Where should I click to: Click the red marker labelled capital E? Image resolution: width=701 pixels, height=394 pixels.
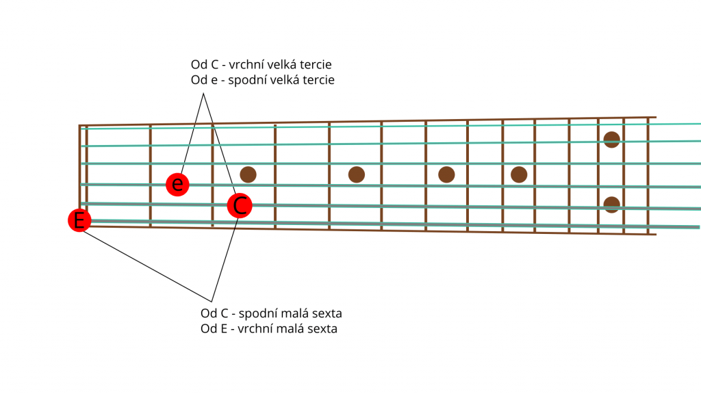coord(79,220)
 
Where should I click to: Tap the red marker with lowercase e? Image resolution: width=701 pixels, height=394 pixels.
coord(177,184)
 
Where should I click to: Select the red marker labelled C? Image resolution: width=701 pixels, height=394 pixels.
coord(240,205)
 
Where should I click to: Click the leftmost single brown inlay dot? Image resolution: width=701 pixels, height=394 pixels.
coord(248,174)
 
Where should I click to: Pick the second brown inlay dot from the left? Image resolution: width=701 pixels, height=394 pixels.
coord(356,174)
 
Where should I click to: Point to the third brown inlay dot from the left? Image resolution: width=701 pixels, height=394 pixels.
coord(446,174)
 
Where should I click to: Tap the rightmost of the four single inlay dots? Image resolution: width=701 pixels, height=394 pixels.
coord(519,174)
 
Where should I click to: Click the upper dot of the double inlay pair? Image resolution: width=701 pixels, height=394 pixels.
coord(611,140)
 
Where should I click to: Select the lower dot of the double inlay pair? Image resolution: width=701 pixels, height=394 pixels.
coord(611,205)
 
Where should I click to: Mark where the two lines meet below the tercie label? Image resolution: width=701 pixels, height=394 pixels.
coord(203,93)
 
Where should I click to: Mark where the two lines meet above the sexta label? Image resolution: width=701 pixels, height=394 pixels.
coord(212,302)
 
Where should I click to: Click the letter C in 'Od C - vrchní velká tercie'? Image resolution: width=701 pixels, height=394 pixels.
coord(214,65)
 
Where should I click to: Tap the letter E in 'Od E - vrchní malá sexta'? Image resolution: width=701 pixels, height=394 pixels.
coord(222,329)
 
